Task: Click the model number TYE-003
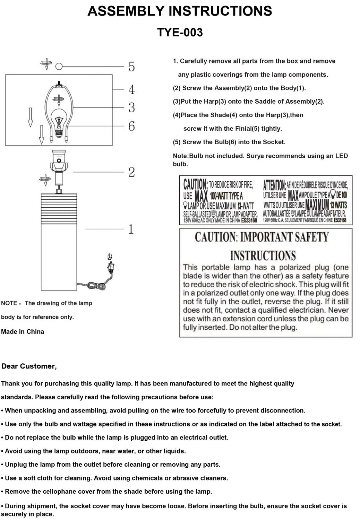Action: click(x=180, y=32)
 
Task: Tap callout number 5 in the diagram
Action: click(x=131, y=67)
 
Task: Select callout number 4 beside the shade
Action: click(x=131, y=89)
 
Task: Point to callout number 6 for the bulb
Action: click(x=131, y=126)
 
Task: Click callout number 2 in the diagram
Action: click(x=131, y=172)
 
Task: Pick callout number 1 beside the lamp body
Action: click(x=131, y=229)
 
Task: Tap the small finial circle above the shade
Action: click(x=59, y=67)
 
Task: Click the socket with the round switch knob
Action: click(x=59, y=160)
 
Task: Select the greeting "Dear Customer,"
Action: click(x=29, y=366)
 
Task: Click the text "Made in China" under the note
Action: click(x=23, y=331)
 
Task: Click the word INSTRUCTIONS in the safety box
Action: click(x=263, y=255)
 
